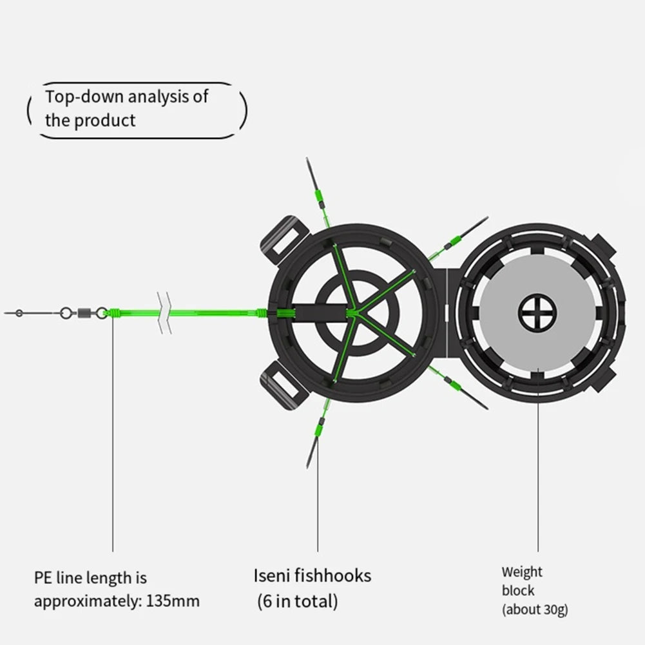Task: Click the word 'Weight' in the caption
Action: [x=522, y=572]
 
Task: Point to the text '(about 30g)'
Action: [x=535, y=609]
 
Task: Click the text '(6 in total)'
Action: [x=297, y=602]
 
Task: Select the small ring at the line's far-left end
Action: [x=19, y=314]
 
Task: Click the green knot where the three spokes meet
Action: [x=352, y=314]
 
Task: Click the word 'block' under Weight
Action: [x=518, y=590]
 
